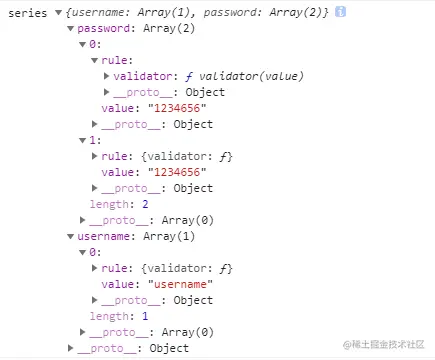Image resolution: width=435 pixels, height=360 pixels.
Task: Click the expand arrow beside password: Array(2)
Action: click(70, 28)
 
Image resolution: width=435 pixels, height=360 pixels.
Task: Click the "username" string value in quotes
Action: click(185, 284)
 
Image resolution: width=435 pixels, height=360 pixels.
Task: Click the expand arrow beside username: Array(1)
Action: click(70, 236)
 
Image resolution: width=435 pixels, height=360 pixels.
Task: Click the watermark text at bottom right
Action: click(384, 345)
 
